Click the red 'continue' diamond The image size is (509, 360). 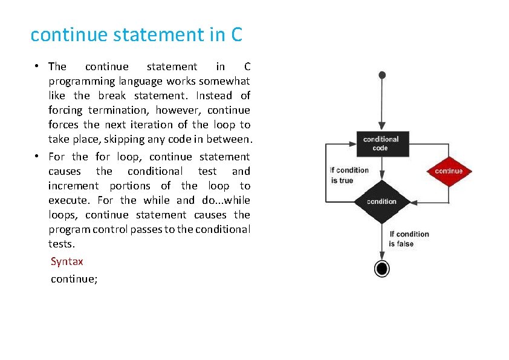point(449,171)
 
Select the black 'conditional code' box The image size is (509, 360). point(381,143)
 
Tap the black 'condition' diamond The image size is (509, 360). point(381,201)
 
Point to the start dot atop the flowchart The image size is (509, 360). point(381,75)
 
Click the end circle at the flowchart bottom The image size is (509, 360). point(381,268)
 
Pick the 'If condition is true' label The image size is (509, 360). point(349,175)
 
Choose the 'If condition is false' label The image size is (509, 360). point(409,239)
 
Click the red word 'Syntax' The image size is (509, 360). point(67,261)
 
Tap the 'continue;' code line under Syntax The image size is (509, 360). point(74,279)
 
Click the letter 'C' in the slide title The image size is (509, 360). point(236,34)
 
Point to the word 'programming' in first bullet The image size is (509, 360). point(82,81)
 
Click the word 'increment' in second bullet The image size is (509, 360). point(73,186)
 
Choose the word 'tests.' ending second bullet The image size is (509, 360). point(62,244)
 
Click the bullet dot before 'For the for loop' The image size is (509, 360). point(37,157)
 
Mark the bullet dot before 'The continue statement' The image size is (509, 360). point(37,67)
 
